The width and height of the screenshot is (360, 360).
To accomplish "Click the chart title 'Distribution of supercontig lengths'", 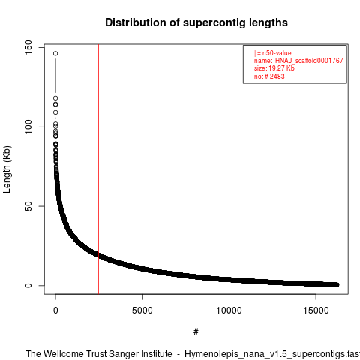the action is tap(196, 22).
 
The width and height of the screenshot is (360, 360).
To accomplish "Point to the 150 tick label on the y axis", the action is tap(28, 48).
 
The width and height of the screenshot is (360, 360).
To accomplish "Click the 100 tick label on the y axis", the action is tap(28, 127).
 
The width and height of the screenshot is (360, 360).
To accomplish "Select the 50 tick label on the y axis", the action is tap(28, 206).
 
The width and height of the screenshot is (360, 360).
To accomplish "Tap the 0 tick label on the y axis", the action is tap(28, 285).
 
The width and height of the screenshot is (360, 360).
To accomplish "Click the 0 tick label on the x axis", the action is tap(55, 310).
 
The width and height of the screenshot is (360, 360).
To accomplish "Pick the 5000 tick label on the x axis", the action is tap(142, 310).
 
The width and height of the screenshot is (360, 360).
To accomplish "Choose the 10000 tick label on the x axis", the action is tap(229, 310).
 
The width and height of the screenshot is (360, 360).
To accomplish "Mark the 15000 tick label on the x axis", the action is tap(316, 310).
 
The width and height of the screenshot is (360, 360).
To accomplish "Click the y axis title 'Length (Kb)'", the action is tap(7, 169).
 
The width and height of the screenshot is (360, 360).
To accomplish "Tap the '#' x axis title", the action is tap(196, 332).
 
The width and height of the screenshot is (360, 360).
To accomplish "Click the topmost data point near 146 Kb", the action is tap(55, 53).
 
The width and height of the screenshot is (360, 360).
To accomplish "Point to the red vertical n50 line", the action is tap(99, 169).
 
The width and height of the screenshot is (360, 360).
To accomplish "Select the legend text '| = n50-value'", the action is tap(273, 53).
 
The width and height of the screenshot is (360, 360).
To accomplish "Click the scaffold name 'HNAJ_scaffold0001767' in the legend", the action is tap(309, 61).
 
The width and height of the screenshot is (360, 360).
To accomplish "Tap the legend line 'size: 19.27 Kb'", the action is tap(274, 68).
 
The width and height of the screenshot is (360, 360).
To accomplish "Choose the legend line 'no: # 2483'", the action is tap(269, 76).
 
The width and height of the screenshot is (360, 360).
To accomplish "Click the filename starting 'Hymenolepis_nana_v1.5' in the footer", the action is tap(272, 354).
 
